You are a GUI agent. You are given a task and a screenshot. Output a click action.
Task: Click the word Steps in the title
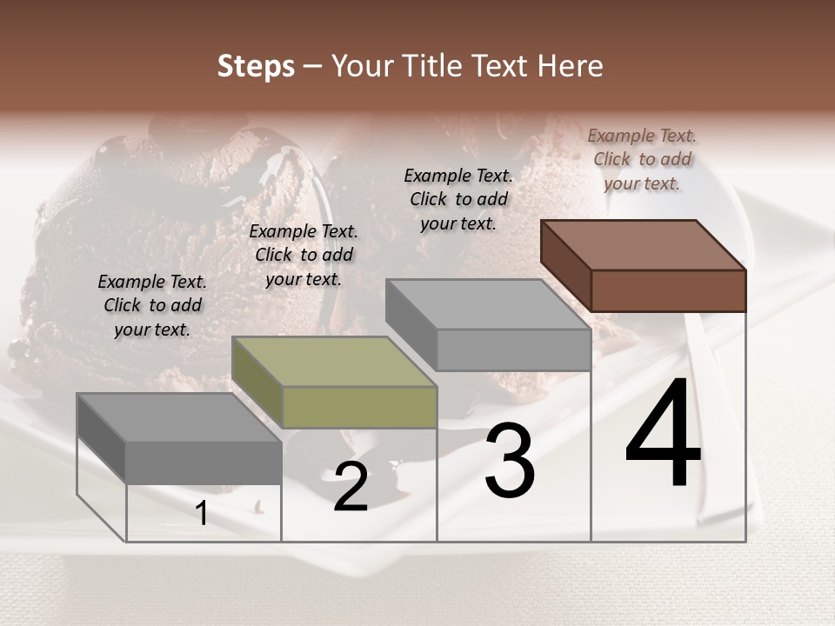click(256, 66)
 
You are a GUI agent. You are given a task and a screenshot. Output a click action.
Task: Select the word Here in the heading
click(569, 66)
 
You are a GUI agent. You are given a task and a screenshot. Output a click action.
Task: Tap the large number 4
click(663, 434)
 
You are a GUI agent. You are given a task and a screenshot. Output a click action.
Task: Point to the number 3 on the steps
click(509, 461)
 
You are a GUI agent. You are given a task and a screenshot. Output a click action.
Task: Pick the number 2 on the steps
click(351, 488)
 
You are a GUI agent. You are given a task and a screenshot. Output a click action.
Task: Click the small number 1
click(202, 514)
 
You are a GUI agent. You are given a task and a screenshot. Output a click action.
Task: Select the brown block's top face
click(644, 245)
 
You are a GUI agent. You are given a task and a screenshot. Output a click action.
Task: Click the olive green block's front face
click(360, 407)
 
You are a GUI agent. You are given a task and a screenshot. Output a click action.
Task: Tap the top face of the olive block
click(334, 361)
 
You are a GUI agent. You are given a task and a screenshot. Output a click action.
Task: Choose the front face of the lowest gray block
click(204, 462)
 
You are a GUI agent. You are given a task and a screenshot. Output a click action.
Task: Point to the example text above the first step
click(152, 305)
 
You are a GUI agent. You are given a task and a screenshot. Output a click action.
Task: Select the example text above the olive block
click(304, 255)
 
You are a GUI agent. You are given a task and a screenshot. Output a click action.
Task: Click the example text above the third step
click(458, 199)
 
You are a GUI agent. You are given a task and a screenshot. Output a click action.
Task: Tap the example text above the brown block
click(642, 159)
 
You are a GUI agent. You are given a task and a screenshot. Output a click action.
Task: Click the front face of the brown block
click(668, 290)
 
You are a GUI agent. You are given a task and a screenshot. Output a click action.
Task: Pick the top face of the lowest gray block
click(179, 417)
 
